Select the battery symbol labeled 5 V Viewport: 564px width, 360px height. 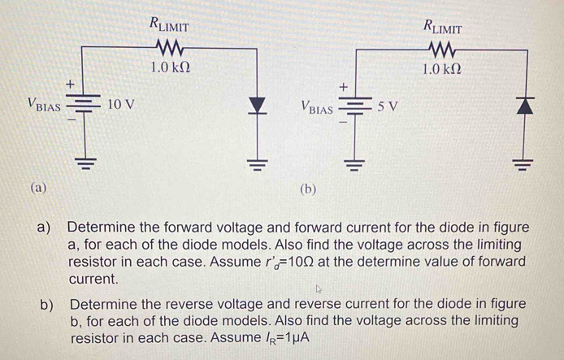coord(354,107)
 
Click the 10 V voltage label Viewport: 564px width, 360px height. coord(121,105)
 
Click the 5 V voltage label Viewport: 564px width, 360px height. coord(388,106)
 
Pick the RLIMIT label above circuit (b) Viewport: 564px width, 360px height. coord(443,25)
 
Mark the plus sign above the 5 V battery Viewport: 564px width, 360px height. coord(343,84)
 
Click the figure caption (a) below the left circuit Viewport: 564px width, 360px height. coord(37,187)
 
